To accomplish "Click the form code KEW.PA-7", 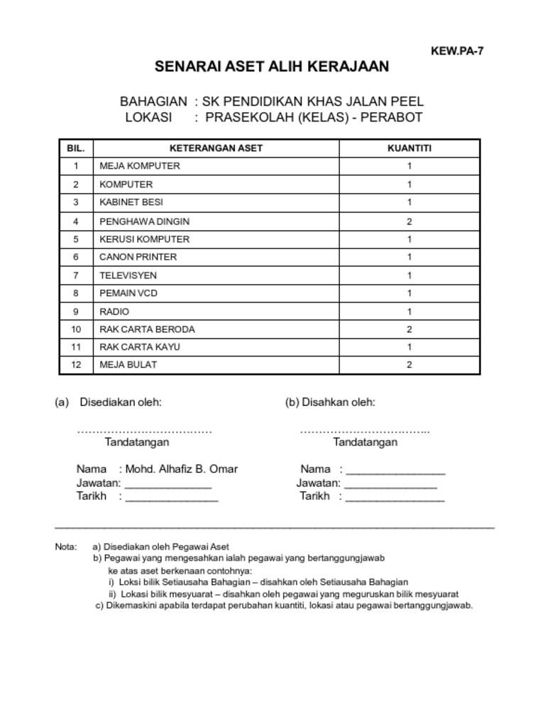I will (457, 51).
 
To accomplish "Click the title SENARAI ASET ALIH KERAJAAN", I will (272, 67).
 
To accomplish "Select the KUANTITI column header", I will (409, 148).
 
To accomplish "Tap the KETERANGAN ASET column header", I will (216, 148).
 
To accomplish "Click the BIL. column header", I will (75, 148).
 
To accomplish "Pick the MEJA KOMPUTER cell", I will (140, 166).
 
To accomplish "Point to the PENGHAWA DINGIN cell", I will (145, 222).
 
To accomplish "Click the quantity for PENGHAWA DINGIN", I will (409, 222).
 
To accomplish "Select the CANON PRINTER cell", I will (138, 257).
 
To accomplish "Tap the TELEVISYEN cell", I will (128, 275).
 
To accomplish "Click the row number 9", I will (75, 312).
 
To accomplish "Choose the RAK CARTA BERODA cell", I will (147, 329).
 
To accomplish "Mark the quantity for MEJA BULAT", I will (409, 365).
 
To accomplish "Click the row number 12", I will (75, 365).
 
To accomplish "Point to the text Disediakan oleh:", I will (121, 403).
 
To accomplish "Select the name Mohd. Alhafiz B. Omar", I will (182, 469).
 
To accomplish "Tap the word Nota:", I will (65, 547).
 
